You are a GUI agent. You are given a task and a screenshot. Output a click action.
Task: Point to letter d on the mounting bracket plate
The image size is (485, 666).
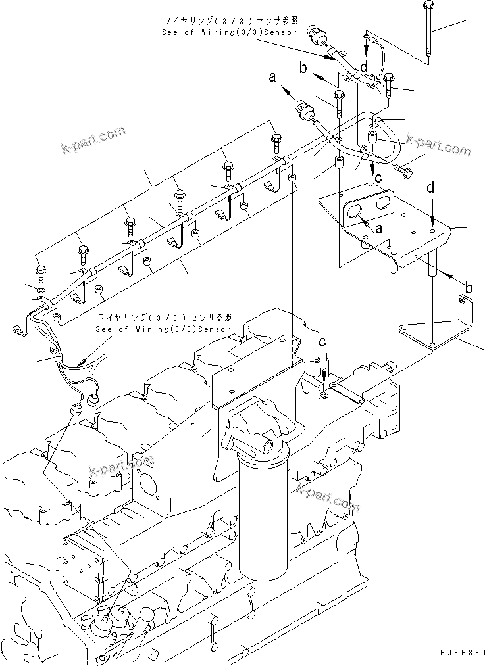(x=430, y=188)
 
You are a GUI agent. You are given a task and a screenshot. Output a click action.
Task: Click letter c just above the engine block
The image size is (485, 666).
(x=322, y=342)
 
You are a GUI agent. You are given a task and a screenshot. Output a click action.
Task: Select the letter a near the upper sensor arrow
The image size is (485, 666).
(x=271, y=78)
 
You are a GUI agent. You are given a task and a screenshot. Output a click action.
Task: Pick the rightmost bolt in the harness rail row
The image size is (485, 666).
(x=276, y=141)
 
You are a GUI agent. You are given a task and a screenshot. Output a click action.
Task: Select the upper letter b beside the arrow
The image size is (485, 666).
(x=303, y=68)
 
